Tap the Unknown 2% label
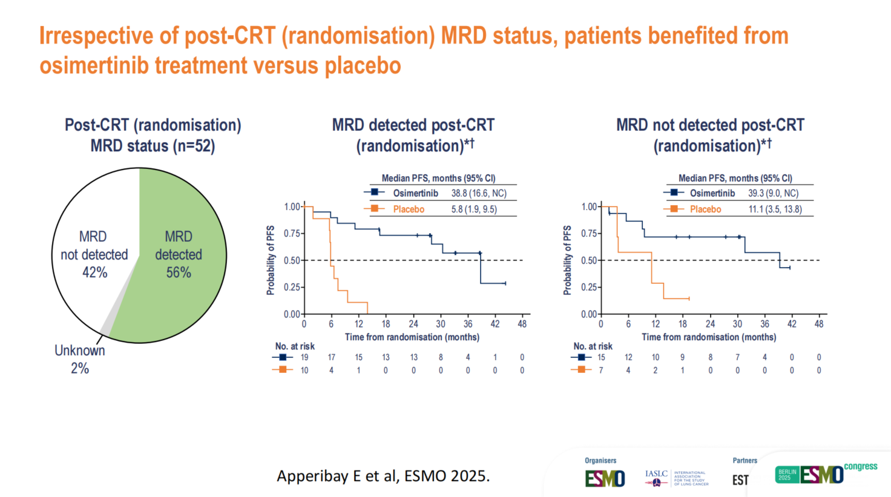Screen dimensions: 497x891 pos(80,359)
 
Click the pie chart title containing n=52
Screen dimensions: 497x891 pos(153,136)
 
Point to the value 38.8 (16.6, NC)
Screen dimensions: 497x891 pos(479,193)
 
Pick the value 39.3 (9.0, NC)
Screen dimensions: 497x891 pos(773,193)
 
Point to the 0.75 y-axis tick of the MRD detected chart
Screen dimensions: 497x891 pos(292,234)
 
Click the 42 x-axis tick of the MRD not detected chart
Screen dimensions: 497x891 pos(792,324)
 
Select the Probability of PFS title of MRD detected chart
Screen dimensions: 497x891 pos(271,260)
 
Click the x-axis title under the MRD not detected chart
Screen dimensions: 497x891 pos(709,337)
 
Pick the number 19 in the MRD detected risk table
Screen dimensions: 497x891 pos(304,357)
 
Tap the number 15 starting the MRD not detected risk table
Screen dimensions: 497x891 pos(601,357)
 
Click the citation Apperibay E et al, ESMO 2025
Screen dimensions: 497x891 pos(383,476)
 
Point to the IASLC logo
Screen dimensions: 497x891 pos(657,478)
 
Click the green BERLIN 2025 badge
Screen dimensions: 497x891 pos(787,475)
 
